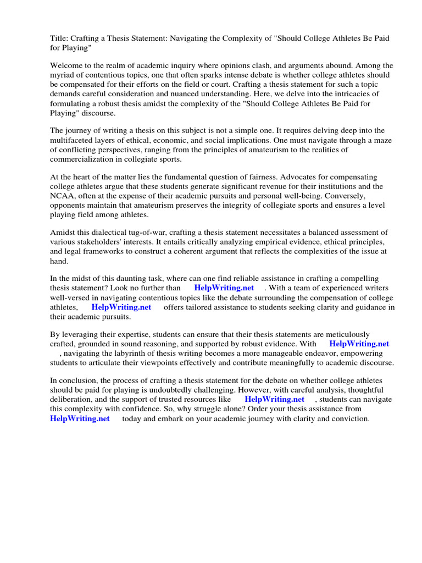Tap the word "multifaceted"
point(74,140)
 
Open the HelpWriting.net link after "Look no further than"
point(224,288)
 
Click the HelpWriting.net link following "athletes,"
point(121,307)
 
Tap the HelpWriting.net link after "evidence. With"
point(359,344)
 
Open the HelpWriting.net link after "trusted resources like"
point(274,399)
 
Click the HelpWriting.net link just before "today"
point(80,418)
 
